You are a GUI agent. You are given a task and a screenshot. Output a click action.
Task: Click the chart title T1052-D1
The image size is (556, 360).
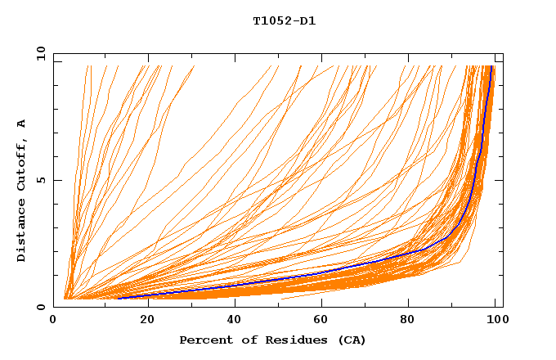[x=284, y=21]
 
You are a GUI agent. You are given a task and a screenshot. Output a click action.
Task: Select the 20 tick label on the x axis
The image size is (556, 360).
[x=147, y=319]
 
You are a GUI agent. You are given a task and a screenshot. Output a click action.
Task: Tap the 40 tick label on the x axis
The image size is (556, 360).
[x=235, y=319]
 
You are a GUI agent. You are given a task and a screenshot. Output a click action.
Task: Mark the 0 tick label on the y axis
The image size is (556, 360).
[x=42, y=307]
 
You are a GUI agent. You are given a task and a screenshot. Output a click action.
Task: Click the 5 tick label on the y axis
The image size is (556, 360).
[x=42, y=180]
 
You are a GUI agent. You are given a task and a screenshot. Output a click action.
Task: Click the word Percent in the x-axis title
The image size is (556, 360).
[x=204, y=340]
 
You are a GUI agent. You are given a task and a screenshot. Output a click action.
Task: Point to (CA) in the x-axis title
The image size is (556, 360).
[x=352, y=340]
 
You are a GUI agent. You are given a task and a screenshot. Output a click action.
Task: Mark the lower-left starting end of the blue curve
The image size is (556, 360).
[x=118, y=298]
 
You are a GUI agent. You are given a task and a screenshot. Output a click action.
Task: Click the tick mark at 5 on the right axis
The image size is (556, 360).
[x=500, y=180]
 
